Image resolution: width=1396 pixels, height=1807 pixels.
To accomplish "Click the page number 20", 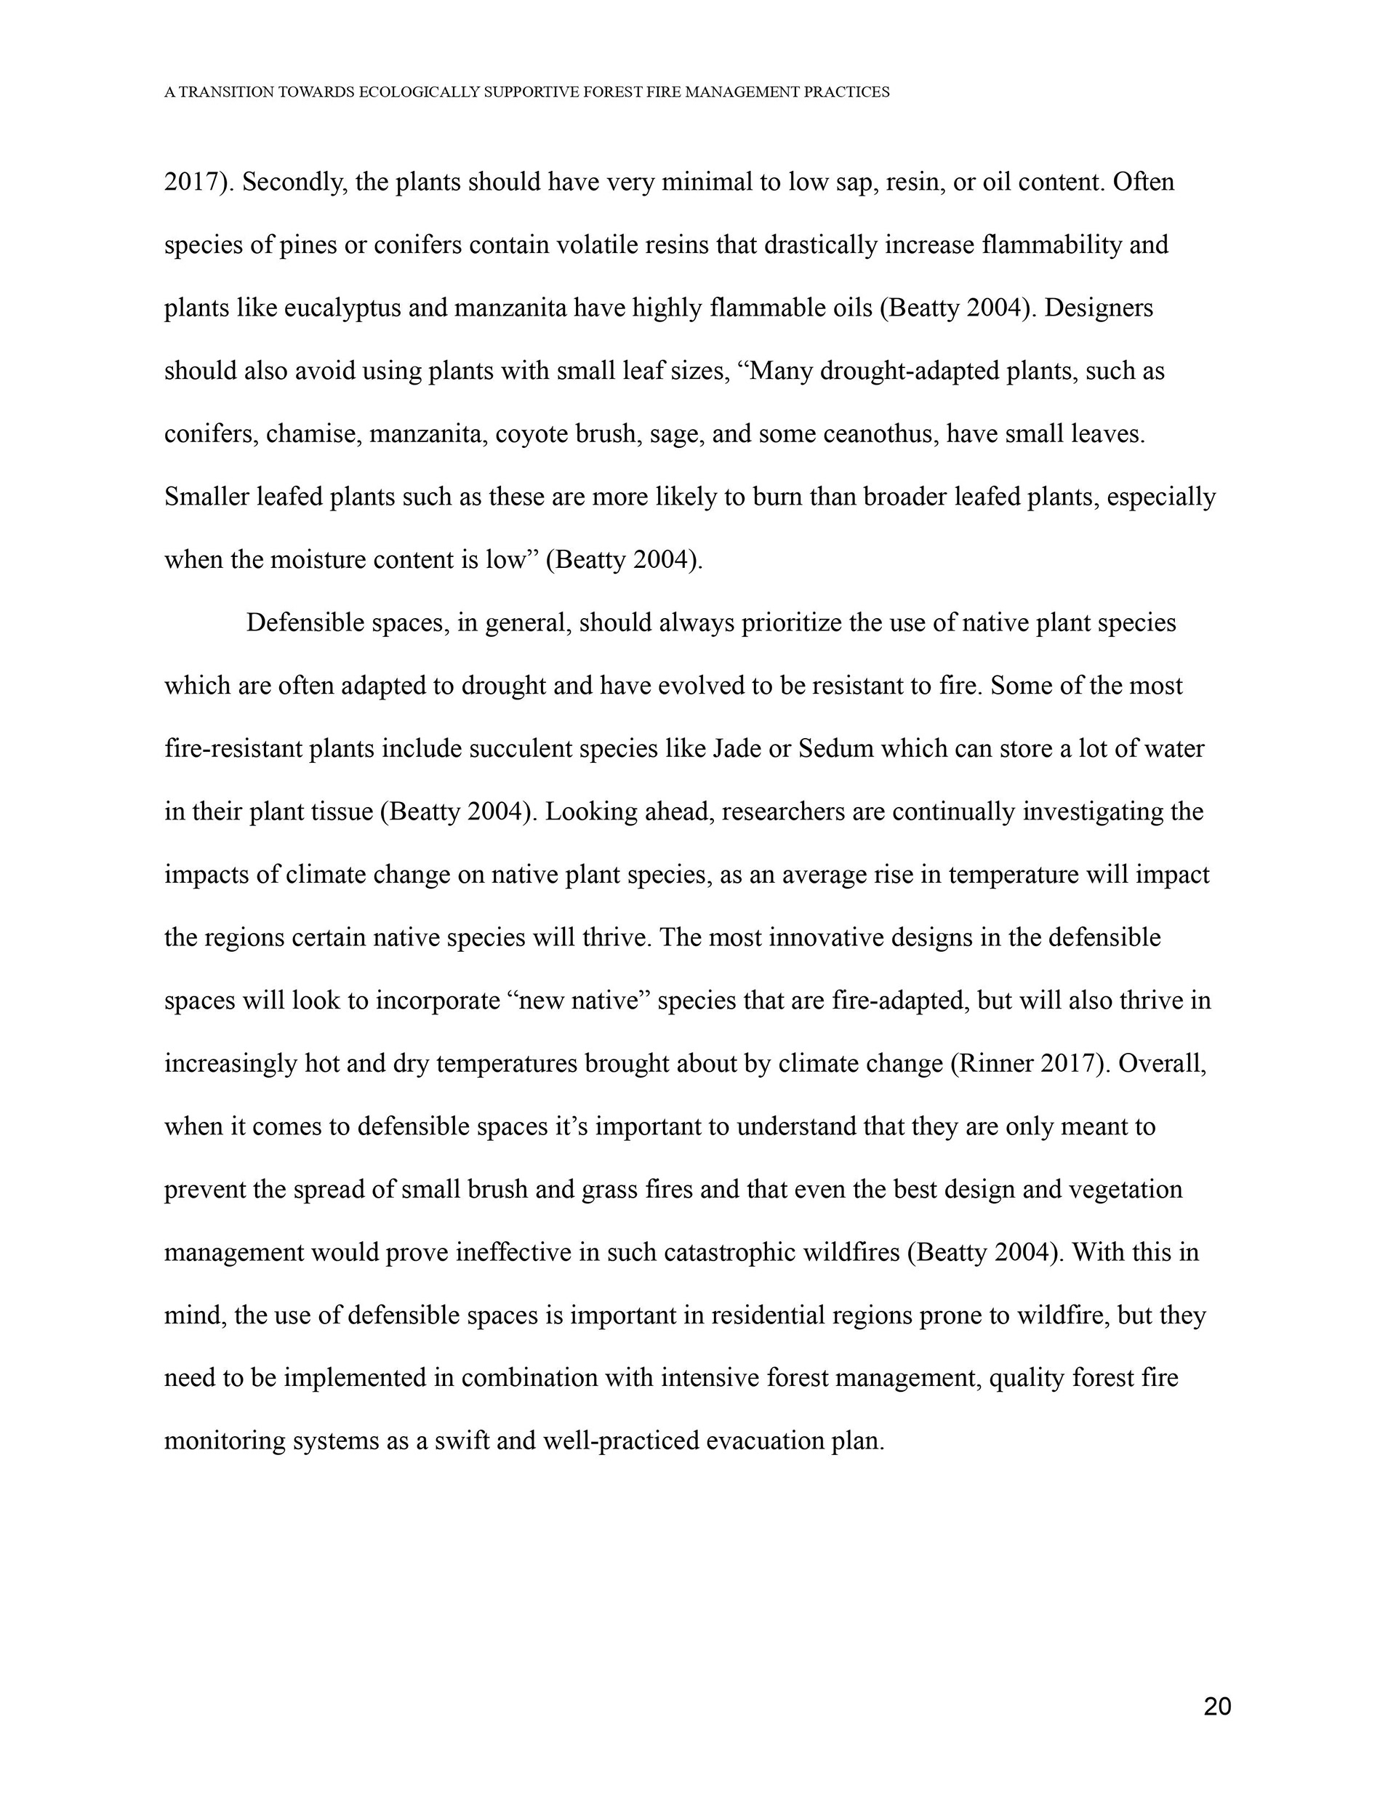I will pos(1216,1706).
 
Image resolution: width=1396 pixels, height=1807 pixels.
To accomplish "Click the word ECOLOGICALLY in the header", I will pos(419,92).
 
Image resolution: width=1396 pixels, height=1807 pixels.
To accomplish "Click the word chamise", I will pos(313,434).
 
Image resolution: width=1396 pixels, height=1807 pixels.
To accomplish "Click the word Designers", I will pos(1098,308).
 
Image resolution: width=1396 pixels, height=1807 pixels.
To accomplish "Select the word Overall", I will pos(1161,1064).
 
